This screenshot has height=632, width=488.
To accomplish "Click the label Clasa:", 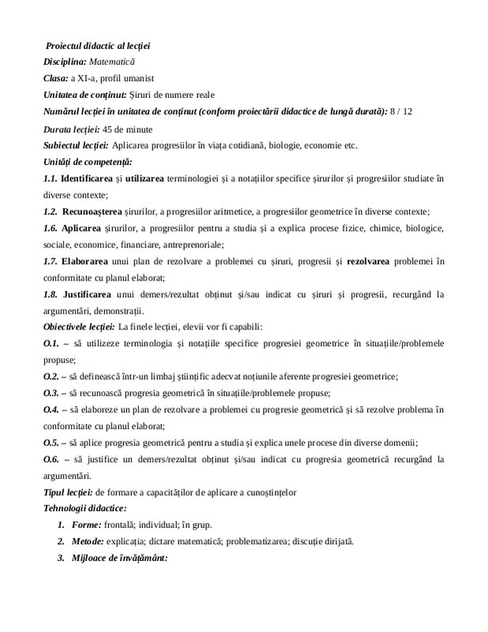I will [55, 77].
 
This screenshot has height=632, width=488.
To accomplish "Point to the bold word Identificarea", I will [92, 179].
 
